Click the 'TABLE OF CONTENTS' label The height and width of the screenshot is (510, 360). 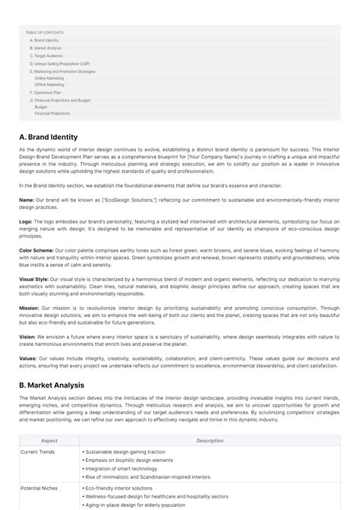click(44, 33)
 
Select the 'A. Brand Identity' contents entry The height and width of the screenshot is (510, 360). click(44, 40)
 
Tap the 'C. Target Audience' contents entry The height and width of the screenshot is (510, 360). click(46, 55)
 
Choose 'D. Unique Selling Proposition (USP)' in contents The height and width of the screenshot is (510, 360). click(60, 64)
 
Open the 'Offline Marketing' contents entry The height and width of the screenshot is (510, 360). click(49, 84)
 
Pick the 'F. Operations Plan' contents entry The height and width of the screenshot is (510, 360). click(46, 92)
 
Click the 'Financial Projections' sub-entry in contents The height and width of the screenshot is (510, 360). click(52, 113)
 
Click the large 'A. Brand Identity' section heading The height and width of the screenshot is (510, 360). click(49, 137)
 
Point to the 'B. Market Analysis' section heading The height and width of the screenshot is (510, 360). click(52, 385)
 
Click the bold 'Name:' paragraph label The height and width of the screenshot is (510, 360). click(27, 200)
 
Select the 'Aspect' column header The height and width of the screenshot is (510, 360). click(49, 440)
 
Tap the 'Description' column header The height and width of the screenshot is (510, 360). click(210, 440)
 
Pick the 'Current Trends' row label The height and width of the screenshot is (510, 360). click(39, 451)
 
